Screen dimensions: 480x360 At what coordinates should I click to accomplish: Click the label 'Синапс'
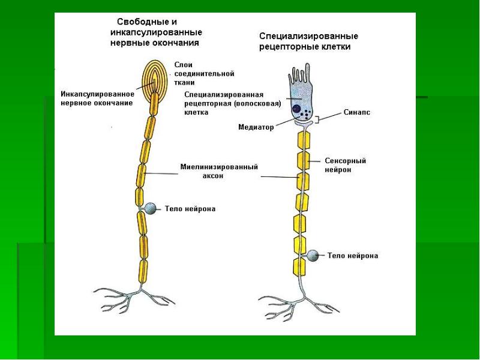coord(356,112)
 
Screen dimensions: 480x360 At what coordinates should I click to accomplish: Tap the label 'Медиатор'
coord(256,127)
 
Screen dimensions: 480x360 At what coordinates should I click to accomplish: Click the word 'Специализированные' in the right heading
coord(308,36)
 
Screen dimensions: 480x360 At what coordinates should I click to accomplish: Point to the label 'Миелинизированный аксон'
coord(219,172)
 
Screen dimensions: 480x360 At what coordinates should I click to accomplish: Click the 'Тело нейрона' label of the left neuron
coord(190,209)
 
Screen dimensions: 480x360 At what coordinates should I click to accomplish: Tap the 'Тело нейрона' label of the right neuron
coord(353,256)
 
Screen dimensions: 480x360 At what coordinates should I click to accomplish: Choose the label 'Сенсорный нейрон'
coord(346,166)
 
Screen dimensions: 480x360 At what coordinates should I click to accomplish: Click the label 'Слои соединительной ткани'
coord(204,74)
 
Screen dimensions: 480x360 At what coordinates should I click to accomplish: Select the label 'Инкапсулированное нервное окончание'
coord(97,98)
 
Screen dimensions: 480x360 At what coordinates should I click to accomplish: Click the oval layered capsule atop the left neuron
coord(155,80)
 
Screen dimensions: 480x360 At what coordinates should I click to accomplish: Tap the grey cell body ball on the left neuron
coord(151,208)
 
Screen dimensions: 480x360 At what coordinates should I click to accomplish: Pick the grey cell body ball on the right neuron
coord(313,256)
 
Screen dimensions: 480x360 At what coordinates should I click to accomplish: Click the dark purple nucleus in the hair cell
coord(296,109)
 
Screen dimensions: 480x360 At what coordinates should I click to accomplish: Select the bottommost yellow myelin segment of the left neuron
coord(143,271)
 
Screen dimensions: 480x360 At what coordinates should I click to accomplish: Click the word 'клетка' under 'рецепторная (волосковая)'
coord(196,112)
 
